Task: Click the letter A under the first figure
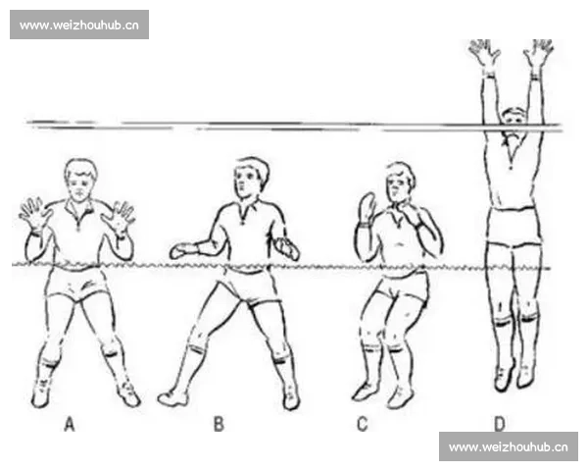[70, 424]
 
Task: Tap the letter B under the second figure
[219, 424]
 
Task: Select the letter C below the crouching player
[363, 424]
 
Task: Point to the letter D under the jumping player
[500, 424]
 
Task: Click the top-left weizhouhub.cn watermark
[79, 25]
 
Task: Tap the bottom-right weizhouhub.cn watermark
[509, 446]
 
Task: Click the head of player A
[80, 180]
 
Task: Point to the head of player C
[401, 183]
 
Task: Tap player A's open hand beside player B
[119, 219]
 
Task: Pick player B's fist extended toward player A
[183, 251]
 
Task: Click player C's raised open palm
[367, 207]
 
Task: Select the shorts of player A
[77, 284]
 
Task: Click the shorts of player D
[514, 227]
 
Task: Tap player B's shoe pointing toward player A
[172, 398]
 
